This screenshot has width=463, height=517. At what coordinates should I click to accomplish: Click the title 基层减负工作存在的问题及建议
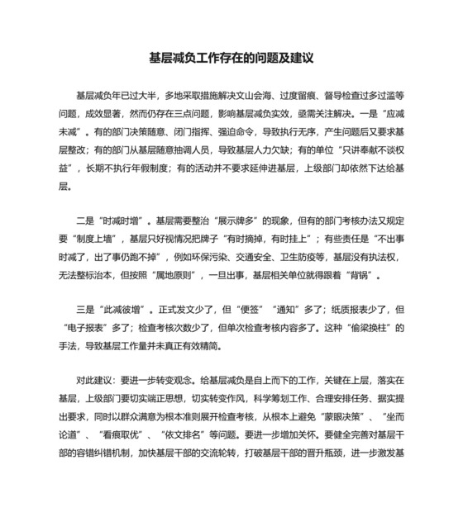231,59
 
